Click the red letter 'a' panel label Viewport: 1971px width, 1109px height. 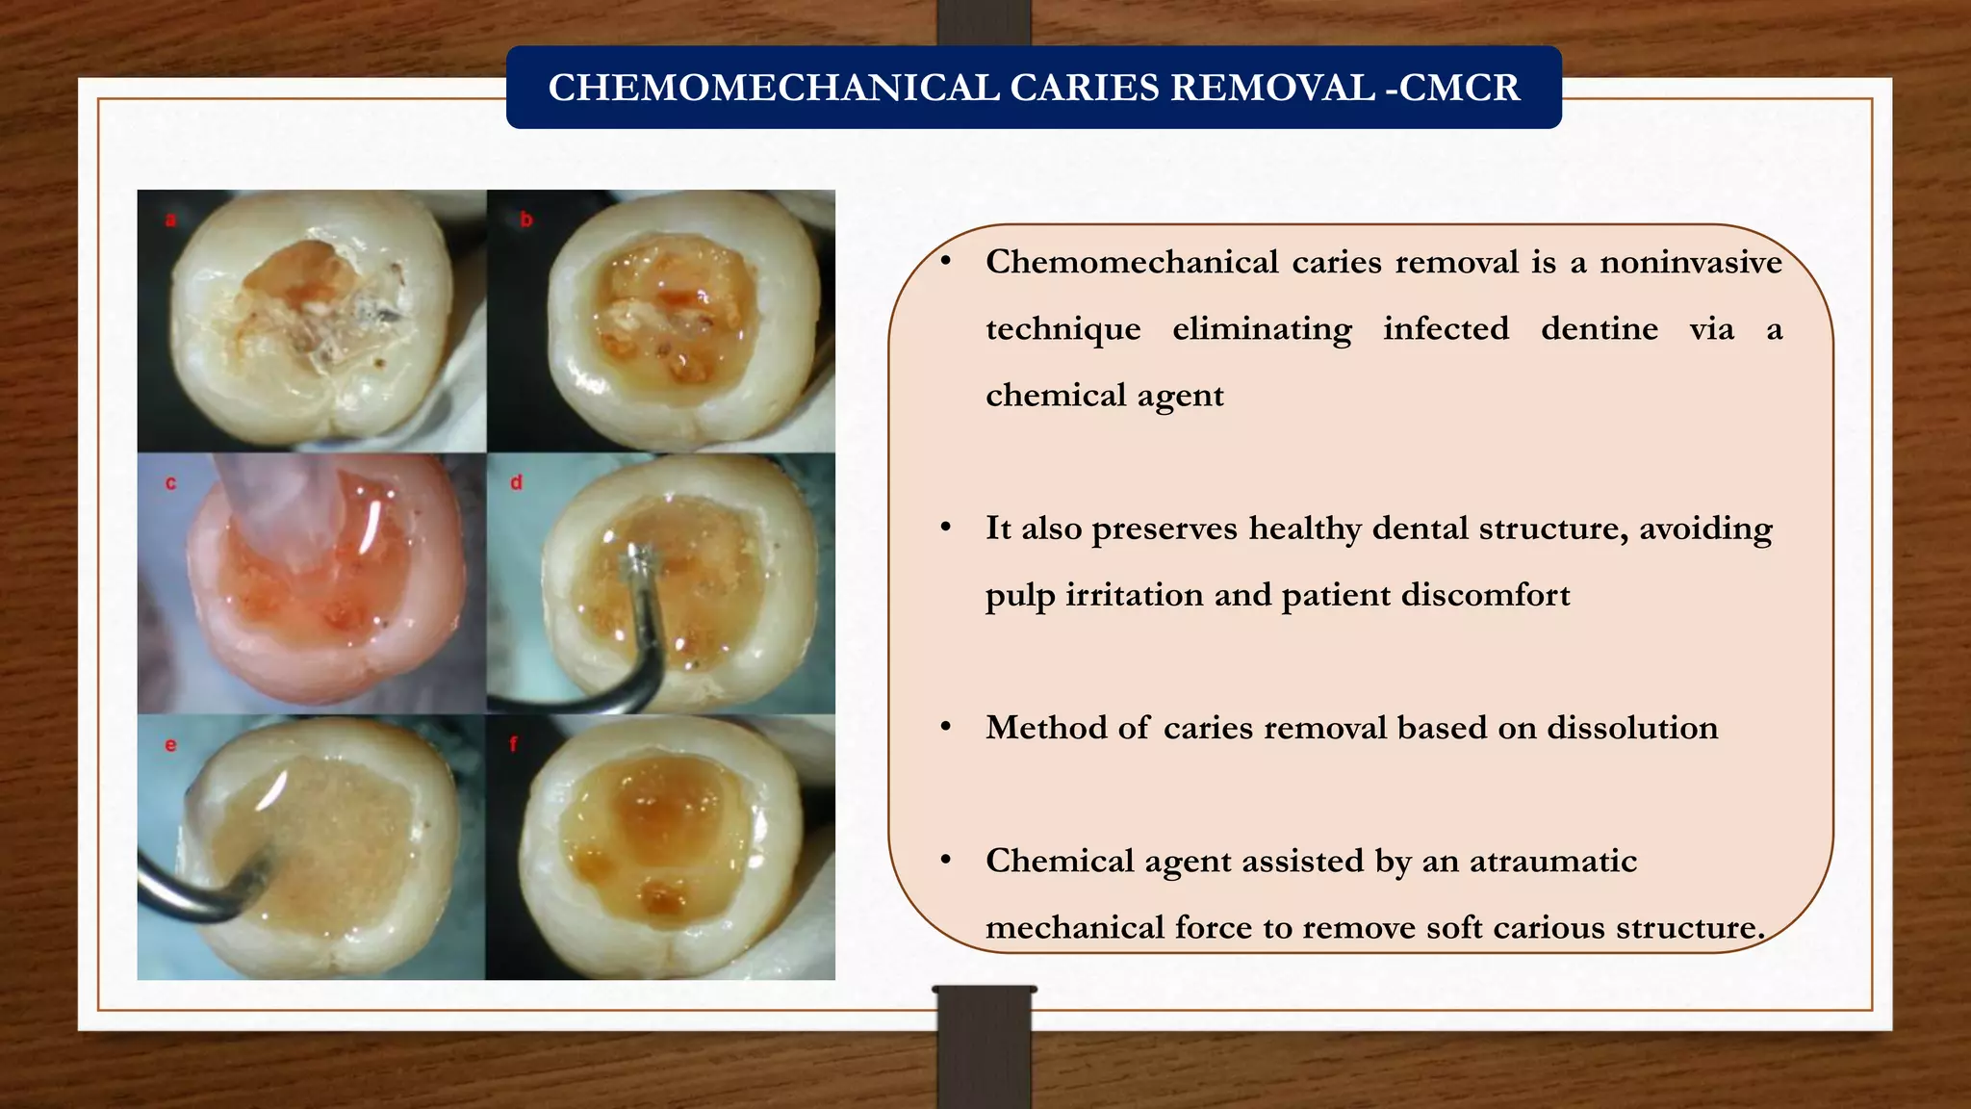170,220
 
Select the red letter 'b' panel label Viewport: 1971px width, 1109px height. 526,220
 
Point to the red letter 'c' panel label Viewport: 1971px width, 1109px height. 170,483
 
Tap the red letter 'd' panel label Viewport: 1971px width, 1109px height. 517,483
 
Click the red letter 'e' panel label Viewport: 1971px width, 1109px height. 170,745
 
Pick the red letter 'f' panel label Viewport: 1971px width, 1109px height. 514,744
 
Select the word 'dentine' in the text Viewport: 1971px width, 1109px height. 1599,329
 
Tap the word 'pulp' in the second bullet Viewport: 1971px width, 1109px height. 1019,596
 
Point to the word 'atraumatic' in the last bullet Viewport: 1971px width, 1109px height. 1552,861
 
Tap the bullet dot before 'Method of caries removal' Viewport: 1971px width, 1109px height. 946,727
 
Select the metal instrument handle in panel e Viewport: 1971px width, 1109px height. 183,895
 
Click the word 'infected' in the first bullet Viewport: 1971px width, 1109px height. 1446,329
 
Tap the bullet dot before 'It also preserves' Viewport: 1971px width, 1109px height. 946,528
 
